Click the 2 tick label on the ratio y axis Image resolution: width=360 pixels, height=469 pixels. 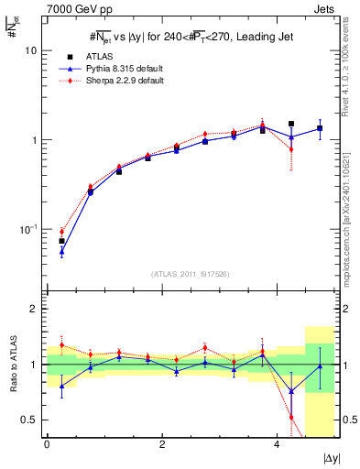32,309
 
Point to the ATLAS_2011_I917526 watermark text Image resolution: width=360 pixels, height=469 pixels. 191,274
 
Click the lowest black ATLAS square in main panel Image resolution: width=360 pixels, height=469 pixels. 61,241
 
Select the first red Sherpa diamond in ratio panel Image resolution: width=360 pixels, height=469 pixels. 61,345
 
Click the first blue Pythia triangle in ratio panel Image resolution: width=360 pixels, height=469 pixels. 61,386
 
